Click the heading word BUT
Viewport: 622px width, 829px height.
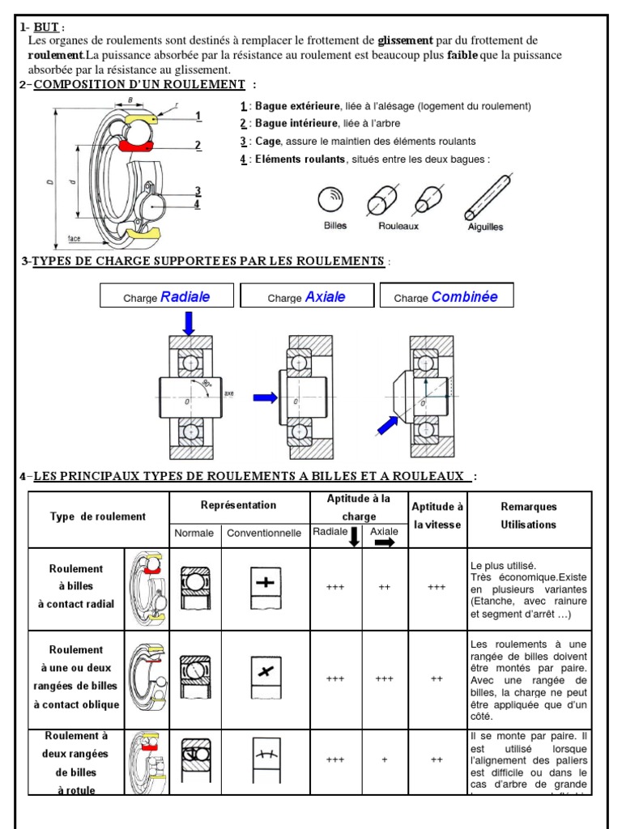(x=46, y=27)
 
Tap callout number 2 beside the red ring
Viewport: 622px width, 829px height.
(x=198, y=146)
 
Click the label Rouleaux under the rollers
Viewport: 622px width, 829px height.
(x=398, y=227)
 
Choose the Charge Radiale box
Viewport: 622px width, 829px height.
(x=167, y=296)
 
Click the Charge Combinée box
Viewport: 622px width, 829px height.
(x=446, y=296)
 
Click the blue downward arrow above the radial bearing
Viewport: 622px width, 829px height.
(x=189, y=323)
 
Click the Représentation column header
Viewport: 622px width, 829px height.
(x=238, y=505)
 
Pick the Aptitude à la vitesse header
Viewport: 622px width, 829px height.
(x=437, y=516)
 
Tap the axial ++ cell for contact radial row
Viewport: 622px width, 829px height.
(x=385, y=588)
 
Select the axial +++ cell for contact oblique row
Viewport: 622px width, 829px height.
(x=385, y=679)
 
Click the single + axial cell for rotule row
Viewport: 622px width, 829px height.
(x=385, y=760)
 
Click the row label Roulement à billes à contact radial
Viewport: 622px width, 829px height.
(x=76, y=587)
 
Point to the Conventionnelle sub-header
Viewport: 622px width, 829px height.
(x=264, y=533)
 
